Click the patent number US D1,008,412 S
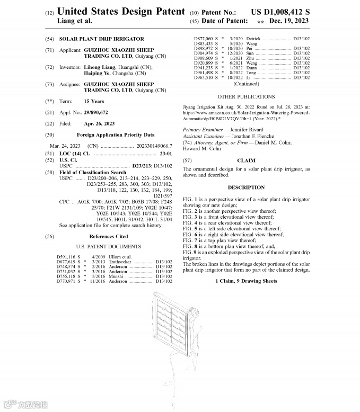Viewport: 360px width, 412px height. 280,11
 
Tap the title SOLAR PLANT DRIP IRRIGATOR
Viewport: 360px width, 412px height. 101,39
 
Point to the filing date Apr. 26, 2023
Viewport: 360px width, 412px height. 99,123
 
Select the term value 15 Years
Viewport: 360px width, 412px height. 94,101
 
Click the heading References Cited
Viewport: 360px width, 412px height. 108,237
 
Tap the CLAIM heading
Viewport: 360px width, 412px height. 246,160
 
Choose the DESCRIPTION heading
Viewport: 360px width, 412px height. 246,187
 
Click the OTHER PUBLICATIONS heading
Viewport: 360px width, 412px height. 246,97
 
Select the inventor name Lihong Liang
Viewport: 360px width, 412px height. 99,67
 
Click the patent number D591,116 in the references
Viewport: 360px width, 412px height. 67,257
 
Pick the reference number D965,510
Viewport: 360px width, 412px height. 204,78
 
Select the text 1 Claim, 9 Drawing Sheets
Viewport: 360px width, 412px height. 246,281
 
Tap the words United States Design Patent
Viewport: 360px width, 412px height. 121,11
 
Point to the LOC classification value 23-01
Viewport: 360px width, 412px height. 168,153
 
